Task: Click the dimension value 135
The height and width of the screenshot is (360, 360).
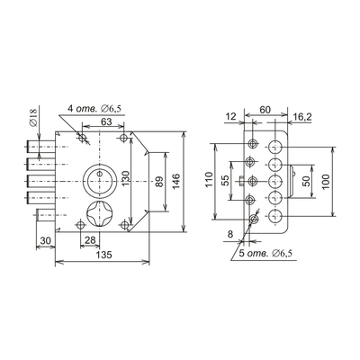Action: coord(104,255)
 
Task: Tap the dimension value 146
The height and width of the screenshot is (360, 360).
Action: coord(176,181)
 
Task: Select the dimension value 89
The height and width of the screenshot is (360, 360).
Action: coord(160,182)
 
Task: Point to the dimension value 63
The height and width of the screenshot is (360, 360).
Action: coord(106,121)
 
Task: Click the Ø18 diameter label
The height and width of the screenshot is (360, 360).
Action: coord(33,117)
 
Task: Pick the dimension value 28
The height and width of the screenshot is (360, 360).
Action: coord(90,239)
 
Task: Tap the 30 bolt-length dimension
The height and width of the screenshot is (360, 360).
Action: coord(45,240)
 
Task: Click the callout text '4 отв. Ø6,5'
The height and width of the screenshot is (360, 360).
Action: coord(94,108)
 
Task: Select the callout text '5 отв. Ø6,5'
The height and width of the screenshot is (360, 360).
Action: coord(265,254)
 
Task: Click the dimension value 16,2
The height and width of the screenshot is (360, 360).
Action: coord(302,117)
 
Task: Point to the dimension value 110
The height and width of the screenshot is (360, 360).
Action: coord(210,179)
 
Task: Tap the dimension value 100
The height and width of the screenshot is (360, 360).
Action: coord(326,181)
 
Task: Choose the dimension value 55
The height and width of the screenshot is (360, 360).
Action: coord(226,180)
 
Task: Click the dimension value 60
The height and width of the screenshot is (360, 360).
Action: coord(265,110)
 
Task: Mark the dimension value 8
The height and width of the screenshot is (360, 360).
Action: coord(230,234)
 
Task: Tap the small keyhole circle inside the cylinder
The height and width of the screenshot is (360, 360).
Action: coord(99,173)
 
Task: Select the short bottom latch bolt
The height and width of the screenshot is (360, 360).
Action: coord(46,215)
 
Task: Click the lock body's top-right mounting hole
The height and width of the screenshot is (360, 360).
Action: coord(123,138)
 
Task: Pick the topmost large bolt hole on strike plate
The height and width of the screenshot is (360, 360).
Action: coord(274,147)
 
